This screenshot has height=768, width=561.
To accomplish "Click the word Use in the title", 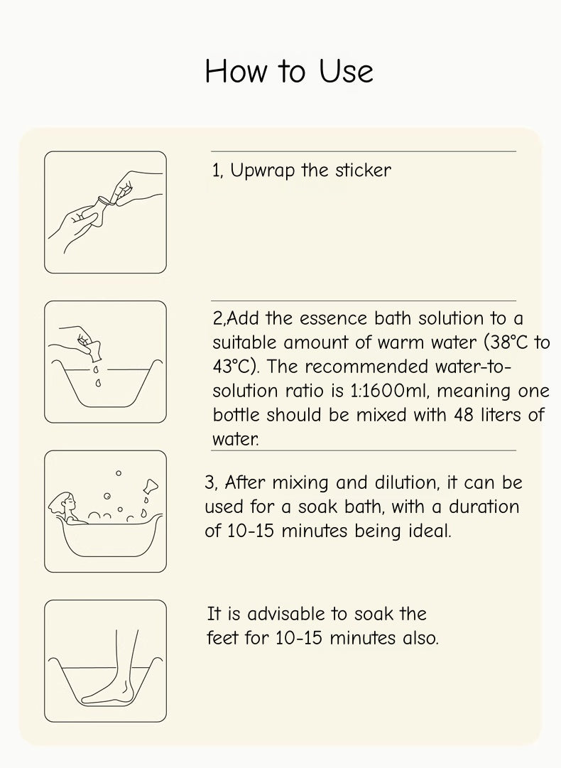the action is [x=346, y=71].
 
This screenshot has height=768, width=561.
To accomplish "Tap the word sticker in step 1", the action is [x=363, y=170].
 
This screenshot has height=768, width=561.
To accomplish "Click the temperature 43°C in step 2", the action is [x=234, y=367].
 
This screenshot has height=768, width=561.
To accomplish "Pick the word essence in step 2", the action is [x=333, y=319].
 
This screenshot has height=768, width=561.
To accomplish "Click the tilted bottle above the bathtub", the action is [x=151, y=486].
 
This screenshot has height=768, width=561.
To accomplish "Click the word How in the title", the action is [x=236, y=71].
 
